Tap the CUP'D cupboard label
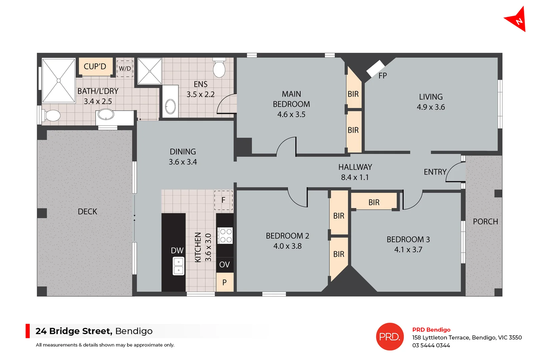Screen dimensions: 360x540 coord(95,66)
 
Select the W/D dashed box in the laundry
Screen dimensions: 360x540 coord(125,69)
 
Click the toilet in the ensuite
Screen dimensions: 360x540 coord(219,68)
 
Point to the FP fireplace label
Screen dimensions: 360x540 coord(383,76)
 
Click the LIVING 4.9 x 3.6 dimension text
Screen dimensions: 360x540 coord(431,107)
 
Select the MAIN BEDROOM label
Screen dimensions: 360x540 coord(291,99)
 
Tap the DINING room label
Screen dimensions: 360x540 coord(183,152)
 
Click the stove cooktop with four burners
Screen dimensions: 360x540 coord(225,236)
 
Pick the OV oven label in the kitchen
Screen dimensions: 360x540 coord(224,264)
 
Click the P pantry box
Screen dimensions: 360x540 coord(224,282)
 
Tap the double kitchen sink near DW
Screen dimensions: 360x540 coord(178,266)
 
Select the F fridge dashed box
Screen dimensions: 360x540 coord(223,200)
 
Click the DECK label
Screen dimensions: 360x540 coord(87,212)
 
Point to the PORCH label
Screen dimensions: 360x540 coord(485,222)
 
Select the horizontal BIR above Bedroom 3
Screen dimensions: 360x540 coord(374,202)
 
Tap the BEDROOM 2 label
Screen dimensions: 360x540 coord(288,236)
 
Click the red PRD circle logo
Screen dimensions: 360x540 coord(390,337)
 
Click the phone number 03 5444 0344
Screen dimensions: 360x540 coord(431,346)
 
